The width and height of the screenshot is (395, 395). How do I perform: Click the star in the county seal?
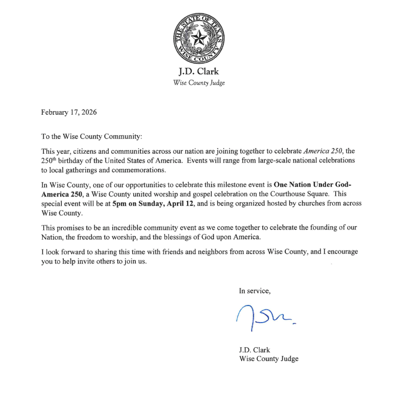click(198, 38)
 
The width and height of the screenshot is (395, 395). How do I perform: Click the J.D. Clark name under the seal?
click(198, 71)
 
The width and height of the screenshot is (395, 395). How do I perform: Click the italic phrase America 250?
click(322, 151)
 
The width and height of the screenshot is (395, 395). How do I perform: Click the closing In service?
click(255, 291)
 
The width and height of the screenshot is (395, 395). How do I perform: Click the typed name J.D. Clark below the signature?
click(255, 350)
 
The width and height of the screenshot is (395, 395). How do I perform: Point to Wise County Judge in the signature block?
click(268, 359)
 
